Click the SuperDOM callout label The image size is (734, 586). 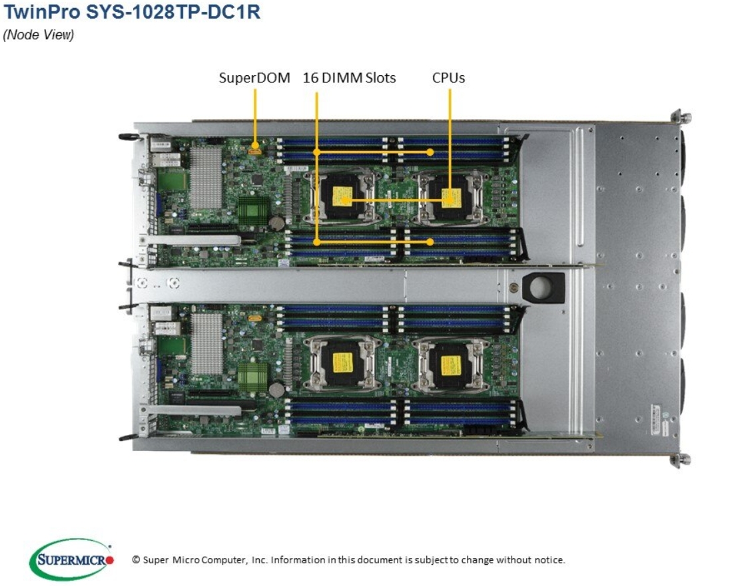pos(254,78)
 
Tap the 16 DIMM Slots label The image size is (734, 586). pos(349,78)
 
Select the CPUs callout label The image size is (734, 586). pos(448,78)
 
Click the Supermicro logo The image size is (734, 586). pos(71,559)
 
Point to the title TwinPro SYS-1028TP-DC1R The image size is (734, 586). pos(132,12)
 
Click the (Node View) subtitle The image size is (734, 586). pos(39,35)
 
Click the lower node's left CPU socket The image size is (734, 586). pos(342,363)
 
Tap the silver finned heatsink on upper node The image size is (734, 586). pos(206,177)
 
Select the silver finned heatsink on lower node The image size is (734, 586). pos(206,343)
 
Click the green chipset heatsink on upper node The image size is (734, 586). pos(253,210)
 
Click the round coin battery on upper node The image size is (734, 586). pos(278,221)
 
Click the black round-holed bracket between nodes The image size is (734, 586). pos(543,287)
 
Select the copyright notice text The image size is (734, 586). pos(348,559)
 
